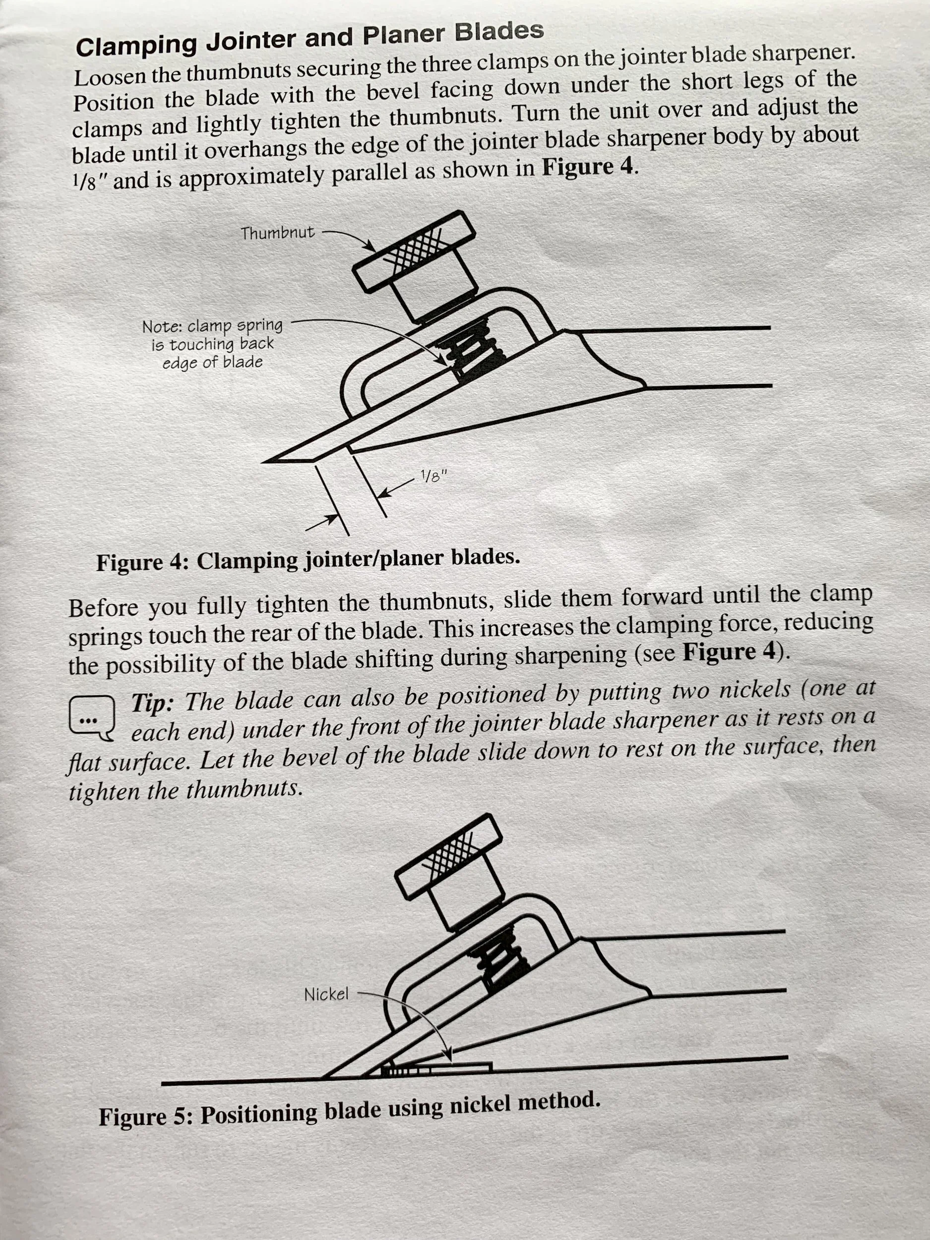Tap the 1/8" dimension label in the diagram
pos(434,477)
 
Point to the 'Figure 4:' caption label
pos(143,561)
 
